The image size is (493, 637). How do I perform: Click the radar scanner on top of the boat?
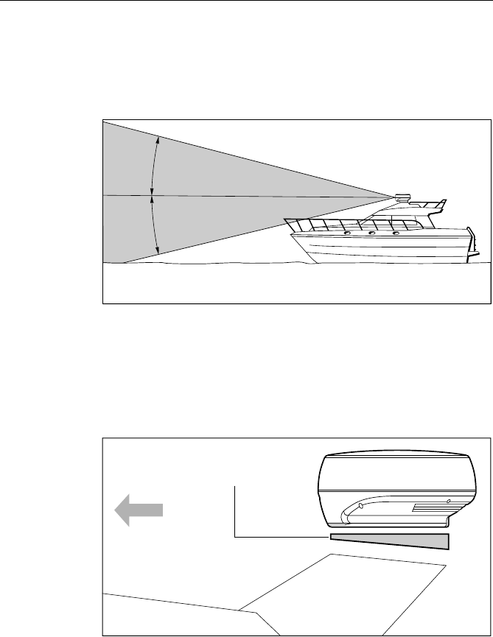(402, 197)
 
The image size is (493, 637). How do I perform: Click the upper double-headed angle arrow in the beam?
(153, 165)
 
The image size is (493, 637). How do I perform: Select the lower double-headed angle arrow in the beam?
(153, 224)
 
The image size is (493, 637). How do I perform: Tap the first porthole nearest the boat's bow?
(347, 233)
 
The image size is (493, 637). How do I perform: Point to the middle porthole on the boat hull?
(372, 233)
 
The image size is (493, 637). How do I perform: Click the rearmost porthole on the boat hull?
(396, 233)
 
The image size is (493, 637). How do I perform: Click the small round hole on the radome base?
(448, 499)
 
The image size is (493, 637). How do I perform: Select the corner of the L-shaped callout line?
(235, 535)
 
